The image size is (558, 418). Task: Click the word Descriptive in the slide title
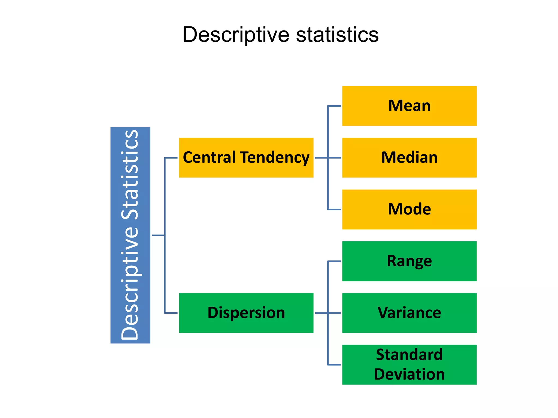tap(236, 35)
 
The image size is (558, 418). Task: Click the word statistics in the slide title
tap(337, 35)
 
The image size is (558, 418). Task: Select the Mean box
tap(409, 106)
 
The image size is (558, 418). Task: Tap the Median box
tap(409, 158)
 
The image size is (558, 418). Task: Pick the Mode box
tap(409, 209)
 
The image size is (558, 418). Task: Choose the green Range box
tap(409, 261)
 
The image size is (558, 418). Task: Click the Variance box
tap(409, 313)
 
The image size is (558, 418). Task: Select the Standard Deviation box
tap(409, 364)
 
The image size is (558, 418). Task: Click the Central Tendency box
tap(246, 158)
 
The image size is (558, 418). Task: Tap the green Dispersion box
tap(246, 313)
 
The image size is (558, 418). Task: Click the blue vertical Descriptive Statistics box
tap(130, 235)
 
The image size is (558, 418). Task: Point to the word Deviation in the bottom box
tap(409, 374)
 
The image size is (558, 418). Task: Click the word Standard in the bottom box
tap(409, 355)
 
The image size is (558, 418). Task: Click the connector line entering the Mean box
tap(334, 106)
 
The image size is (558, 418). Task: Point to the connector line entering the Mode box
tap(334, 210)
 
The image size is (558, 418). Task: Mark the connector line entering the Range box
tap(334, 261)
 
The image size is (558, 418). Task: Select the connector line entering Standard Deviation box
tap(334, 365)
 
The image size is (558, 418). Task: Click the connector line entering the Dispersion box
tap(171, 313)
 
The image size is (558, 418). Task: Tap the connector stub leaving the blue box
tap(158, 235)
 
